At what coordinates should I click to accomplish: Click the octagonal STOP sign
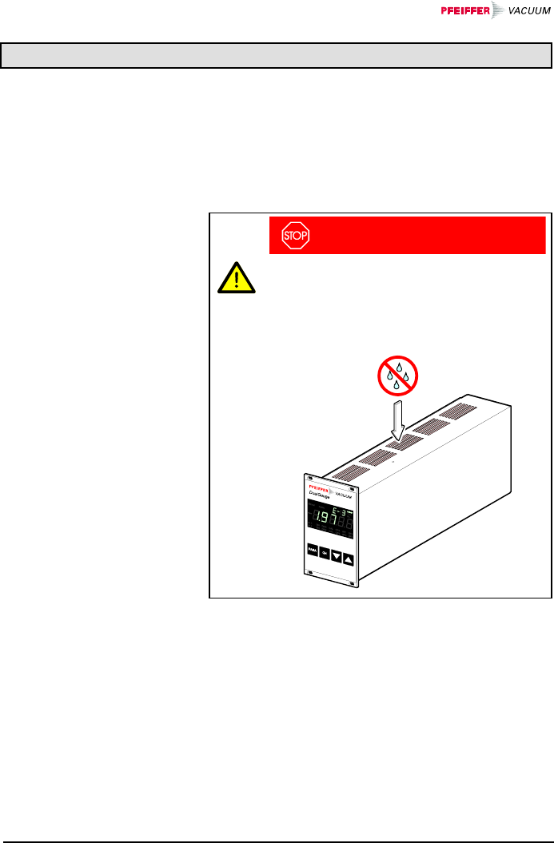click(x=295, y=236)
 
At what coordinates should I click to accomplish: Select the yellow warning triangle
click(x=237, y=279)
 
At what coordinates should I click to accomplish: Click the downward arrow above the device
click(x=398, y=422)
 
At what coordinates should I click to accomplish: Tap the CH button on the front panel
click(x=325, y=552)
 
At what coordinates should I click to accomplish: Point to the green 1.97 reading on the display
click(x=322, y=521)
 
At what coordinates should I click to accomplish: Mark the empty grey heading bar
click(x=277, y=56)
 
